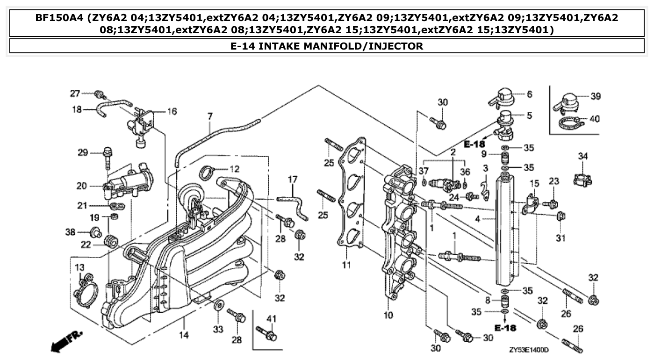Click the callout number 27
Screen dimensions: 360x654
(x=75, y=94)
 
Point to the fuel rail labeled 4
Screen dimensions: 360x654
(x=506, y=229)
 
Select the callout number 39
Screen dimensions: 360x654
(x=595, y=96)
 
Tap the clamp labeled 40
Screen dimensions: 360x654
(x=571, y=123)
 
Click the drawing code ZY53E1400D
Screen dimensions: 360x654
(x=529, y=350)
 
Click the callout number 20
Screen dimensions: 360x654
(x=81, y=186)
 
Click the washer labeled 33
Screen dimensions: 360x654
(x=218, y=306)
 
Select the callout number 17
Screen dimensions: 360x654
(x=292, y=179)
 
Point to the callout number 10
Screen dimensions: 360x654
(x=388, y=315)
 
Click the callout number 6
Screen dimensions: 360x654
(x=529, y=94)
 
